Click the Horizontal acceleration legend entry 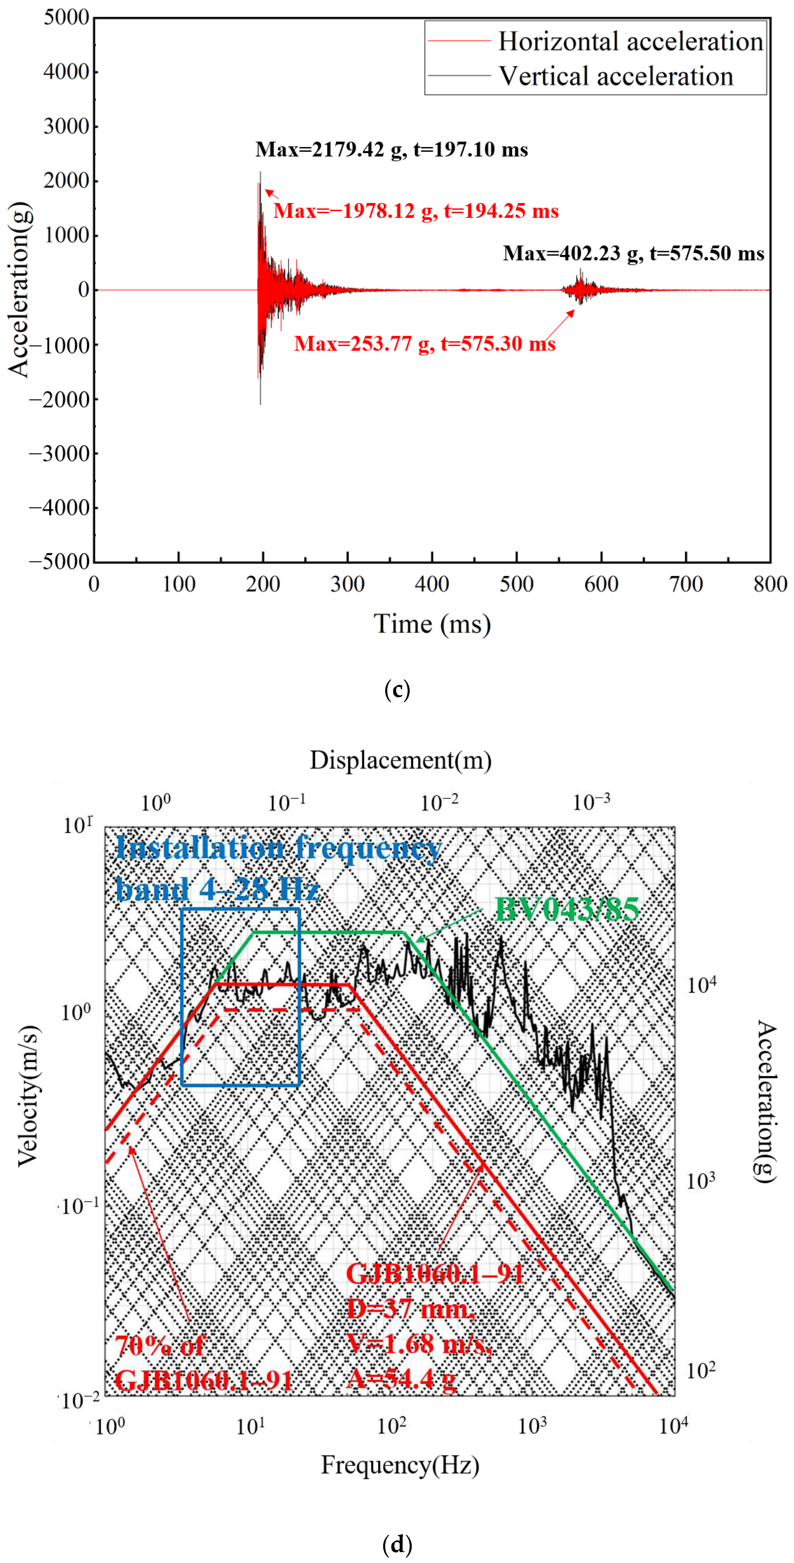(630, 41)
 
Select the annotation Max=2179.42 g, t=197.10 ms (391, 149)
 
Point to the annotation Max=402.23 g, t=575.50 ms (633, 253)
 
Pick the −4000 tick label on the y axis (60, 508)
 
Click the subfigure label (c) (397, 690)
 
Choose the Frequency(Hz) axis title (400, 1465)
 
